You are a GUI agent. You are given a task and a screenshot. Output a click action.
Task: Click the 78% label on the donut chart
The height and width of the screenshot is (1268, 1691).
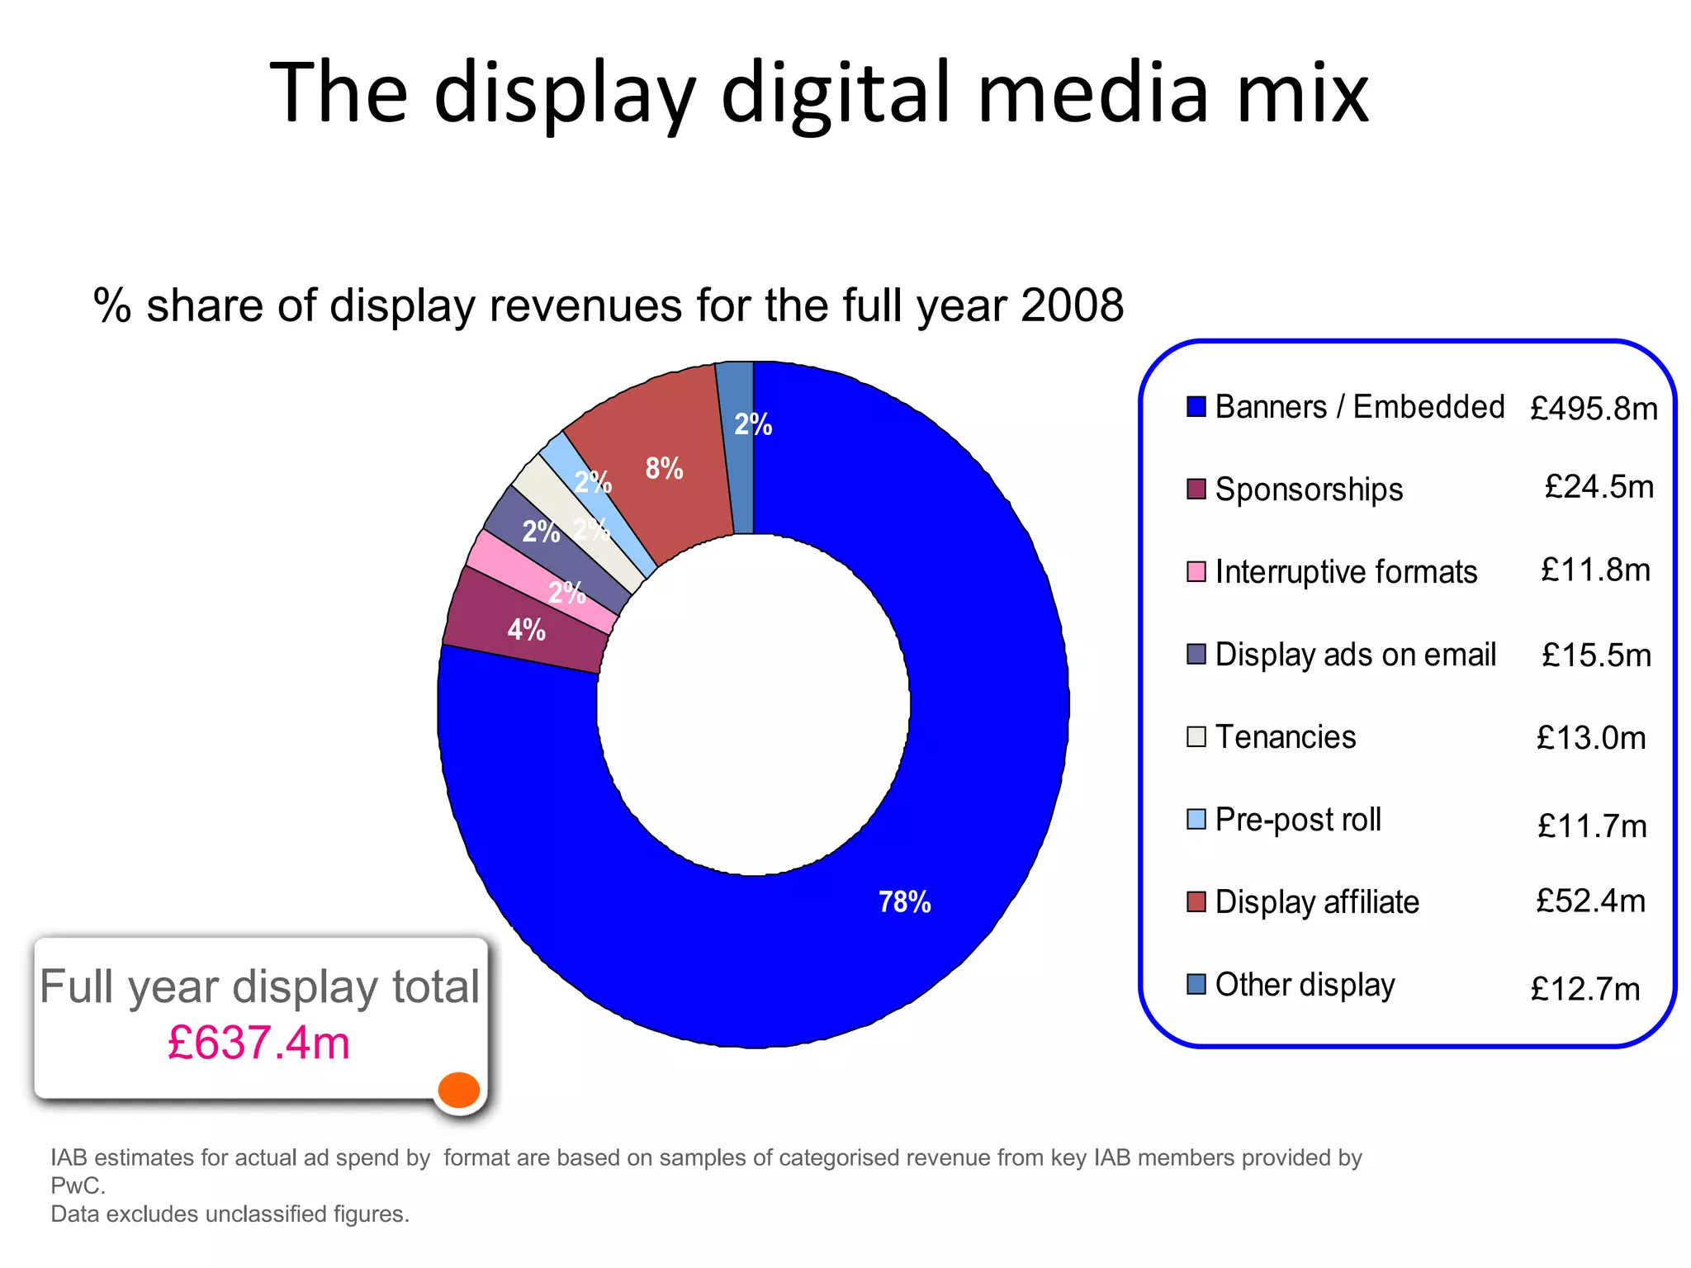coord(904,901)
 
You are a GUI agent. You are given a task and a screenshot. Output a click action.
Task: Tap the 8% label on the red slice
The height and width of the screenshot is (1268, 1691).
coord(664,468)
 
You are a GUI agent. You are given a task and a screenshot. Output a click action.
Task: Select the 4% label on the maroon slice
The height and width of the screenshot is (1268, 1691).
coord(526,630)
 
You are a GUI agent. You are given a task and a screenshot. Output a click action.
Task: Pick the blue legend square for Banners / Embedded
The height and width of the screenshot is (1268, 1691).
coord(1196,406)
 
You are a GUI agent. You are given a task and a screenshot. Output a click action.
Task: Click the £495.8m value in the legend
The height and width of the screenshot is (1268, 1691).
coord(1593,409)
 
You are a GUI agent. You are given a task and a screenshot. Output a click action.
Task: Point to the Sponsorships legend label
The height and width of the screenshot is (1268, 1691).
coord(1309,489)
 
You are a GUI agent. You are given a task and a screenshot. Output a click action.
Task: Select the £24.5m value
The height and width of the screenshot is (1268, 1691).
coord(1599,487)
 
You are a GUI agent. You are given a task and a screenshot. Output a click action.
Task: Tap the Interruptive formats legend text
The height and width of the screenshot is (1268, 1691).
coord(1346,571)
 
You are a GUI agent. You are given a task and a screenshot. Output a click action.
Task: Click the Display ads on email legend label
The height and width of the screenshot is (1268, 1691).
coord(1355,654)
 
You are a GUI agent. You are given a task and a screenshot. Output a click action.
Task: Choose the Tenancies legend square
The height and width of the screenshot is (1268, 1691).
coord(1196,736)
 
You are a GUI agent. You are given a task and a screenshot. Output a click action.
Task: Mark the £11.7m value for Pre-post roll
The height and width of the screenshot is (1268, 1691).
coord(1592,826)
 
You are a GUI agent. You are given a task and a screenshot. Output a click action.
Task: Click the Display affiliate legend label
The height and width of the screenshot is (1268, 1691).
coord(1317,901)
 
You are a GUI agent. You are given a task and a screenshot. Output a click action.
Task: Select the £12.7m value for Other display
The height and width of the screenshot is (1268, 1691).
coord(1585,988)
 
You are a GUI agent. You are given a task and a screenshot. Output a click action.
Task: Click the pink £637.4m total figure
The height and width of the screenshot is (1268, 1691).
coord(258,1042)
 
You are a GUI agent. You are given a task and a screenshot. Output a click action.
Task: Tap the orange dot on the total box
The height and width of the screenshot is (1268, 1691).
coord(459,1090)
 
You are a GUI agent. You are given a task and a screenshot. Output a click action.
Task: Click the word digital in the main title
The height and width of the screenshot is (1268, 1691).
coord(836,92)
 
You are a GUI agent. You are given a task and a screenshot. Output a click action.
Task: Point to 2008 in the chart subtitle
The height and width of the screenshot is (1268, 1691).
coord(1072,305)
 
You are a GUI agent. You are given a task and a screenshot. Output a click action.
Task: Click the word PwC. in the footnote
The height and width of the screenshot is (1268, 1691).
coord(78,1185)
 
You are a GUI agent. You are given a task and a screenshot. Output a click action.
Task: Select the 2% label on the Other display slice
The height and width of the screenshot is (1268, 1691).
coord(752,424)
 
